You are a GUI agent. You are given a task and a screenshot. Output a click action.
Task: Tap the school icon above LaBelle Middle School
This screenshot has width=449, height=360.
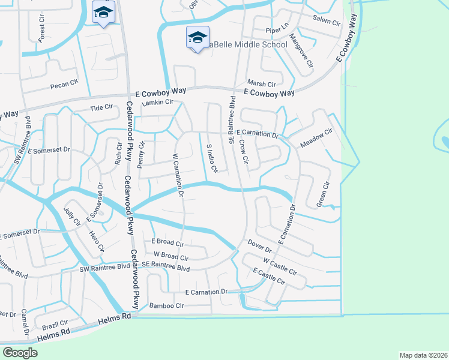pos(197,37)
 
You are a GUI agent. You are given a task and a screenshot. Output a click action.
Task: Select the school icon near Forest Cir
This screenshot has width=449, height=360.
pos(103,12)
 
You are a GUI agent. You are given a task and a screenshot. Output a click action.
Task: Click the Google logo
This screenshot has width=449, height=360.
pos(20,353)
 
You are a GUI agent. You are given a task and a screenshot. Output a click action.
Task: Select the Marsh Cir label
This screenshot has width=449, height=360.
pos(261,84)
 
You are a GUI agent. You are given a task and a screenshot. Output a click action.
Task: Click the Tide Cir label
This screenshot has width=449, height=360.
pos(101,108)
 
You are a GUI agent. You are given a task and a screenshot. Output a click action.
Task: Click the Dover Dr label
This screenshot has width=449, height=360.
pos(259,246)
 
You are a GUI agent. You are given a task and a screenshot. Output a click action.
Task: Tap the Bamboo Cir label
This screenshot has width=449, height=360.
pos(166,305)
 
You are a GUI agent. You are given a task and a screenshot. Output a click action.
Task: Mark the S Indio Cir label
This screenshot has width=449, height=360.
pos(211,158)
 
